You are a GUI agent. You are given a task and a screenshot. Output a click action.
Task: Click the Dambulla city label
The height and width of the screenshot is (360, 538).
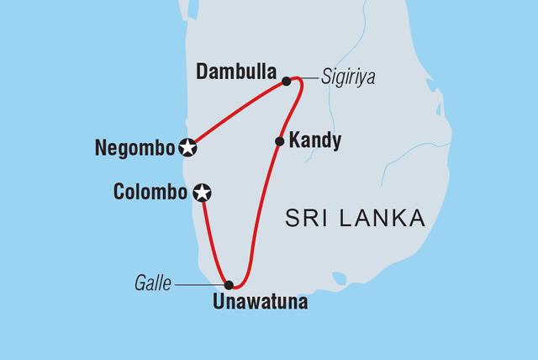[x=235, y=72]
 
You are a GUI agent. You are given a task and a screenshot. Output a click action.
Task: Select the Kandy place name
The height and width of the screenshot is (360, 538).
[x=314, y=141]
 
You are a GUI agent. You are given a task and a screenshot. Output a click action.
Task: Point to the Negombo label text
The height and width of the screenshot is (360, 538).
[x=134, y=148]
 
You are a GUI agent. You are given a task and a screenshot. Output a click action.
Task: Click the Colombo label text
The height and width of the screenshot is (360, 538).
[x=150, y=193]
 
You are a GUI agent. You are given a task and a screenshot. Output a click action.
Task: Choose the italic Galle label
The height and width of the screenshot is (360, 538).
[x=154, y=285]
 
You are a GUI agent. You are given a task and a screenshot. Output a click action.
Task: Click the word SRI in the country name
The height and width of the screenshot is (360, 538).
[x=307, y=220]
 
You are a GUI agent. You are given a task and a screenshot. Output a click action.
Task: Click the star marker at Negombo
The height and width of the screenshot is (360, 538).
[x=188, y=148]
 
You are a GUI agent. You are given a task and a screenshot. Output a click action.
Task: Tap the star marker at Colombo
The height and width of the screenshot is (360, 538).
[x=202, y=193]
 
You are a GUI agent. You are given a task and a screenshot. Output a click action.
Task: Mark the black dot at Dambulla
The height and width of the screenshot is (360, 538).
[x=287, y=81]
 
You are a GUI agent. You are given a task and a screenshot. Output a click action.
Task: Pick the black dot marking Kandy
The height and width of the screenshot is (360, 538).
[x=279, y=141]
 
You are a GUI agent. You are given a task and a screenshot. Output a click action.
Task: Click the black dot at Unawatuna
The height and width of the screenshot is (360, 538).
[x=229, y=285]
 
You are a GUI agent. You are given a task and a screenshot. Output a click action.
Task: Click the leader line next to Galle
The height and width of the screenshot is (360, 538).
[x=198, y=285]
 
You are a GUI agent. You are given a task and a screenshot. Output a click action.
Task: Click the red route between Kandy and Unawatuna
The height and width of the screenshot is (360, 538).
[x=261, y=219]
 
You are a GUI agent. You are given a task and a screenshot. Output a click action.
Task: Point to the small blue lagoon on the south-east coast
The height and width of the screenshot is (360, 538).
[x=339, y=278]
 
